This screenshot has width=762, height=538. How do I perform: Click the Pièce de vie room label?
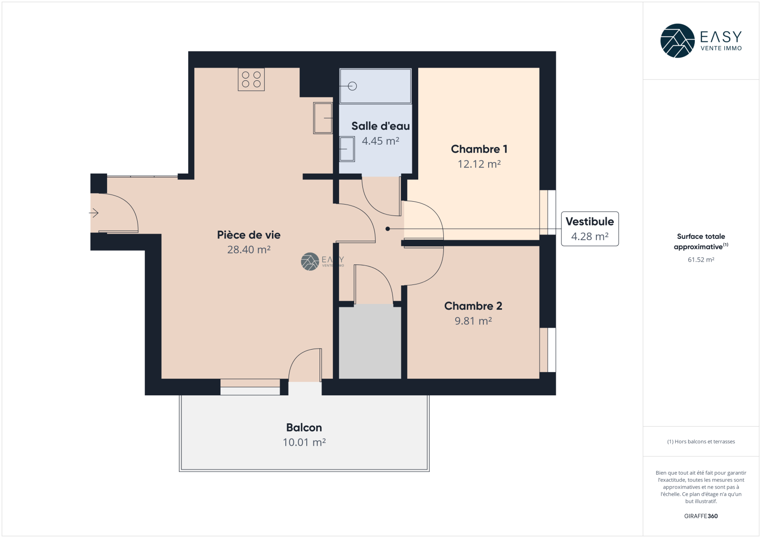click(x=249, y=235)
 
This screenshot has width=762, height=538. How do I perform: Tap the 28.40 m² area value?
click(x=249, y=250)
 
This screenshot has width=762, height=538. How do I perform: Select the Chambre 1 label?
click(x=479, y=149)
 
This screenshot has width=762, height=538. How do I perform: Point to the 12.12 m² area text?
click(x=479, y=164)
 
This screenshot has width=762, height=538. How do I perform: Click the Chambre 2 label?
click(x=473, y=306)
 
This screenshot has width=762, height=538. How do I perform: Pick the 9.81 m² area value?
click(x=473, y=321)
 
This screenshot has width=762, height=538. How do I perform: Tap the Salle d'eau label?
click(x=381, y=126)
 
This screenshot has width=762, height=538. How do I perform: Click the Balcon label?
click(x=304, y=428)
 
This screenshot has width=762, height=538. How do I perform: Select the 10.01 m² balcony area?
click(x=304, y=442)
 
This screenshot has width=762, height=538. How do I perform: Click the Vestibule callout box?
click(x=590, y=229)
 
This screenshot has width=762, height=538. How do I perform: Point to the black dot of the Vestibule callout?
click(x=388, y=229)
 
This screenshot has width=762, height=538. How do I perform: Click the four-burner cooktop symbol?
click(x=251, y=79)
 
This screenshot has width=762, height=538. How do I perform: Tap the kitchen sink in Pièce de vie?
click(x=323, y=118)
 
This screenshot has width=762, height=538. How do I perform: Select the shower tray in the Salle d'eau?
click(x=376, y=86)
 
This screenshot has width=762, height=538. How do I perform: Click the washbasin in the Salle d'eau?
click(x=347, y=149)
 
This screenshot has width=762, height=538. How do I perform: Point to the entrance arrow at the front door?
click(x=94, y=213)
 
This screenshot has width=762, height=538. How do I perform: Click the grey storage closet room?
click(x=370, y=341)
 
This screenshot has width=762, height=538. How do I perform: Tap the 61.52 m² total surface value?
click(x=701, y=260)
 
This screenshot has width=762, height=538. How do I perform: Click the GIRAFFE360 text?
click(x=701, y=516)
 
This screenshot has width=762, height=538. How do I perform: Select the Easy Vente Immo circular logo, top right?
click(x=677, y=41)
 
